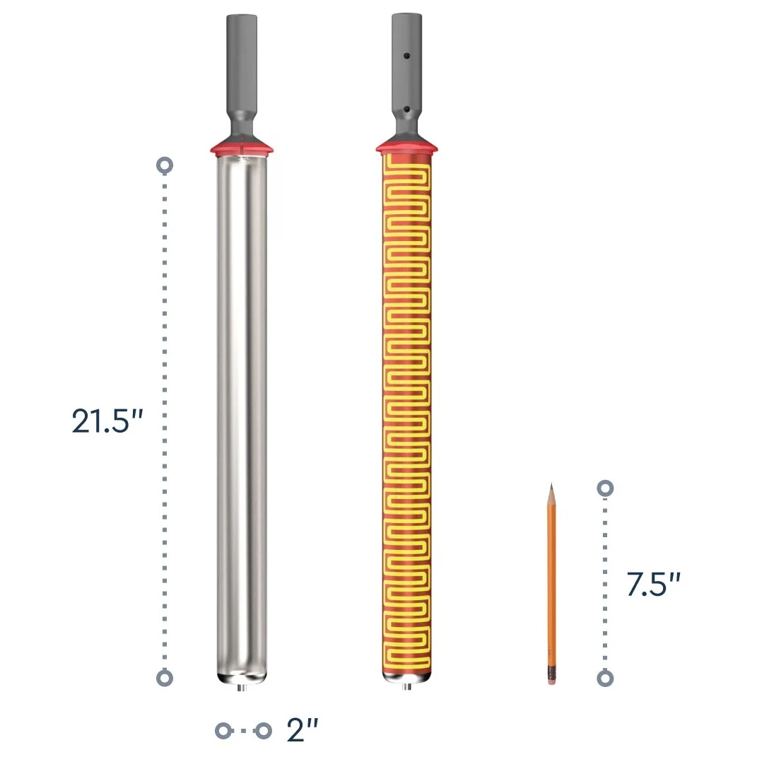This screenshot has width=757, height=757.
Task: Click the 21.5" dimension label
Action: pyautogui.click(x=107, y=421)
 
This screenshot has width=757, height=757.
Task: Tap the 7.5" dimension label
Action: pyautogui.click(x=653, y=584)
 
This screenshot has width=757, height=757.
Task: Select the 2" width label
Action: pyautogui.click(x=303, y=730)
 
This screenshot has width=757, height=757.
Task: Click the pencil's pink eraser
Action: pyautogui.click(x=552, y=681)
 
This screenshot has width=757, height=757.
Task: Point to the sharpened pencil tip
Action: pyautogui.click(x=551, y=483)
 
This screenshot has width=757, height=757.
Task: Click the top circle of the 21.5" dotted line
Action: pyautogui.click(x=165, y=165)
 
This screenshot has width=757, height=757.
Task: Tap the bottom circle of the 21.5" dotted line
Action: pyautogui.click(x=165, y=678)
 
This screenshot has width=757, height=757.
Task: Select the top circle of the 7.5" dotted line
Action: pyautogui.click(x=605, y=488)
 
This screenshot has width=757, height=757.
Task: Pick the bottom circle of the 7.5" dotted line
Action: pyautogui.click(x=605, y=679)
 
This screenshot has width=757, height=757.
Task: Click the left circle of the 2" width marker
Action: pyautogui.click(x=223, y=730)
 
